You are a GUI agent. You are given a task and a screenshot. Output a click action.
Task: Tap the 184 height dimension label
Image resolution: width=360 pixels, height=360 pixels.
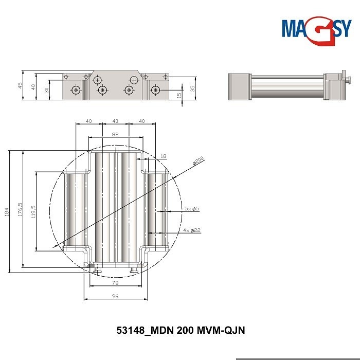(x=6, y=211)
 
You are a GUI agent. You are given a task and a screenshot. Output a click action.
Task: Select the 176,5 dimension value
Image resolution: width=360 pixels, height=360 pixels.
(x=20, y=209)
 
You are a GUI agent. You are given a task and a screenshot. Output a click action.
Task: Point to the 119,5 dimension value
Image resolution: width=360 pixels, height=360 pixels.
(x=33, y=211)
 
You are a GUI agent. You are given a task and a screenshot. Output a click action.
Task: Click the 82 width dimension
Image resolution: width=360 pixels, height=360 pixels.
(x=115, y=134)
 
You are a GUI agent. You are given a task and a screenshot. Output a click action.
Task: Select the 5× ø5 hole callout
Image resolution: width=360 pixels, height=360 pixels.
(x=191, y=208)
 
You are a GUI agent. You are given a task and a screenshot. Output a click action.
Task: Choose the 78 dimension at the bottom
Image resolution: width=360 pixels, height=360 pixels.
(x=115, y=283)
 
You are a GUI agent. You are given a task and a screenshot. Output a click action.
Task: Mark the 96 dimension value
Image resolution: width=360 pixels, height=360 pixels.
(x=115, y=296)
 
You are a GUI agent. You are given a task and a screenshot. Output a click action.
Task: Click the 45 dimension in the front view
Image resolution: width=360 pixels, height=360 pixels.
(x=20, y=85)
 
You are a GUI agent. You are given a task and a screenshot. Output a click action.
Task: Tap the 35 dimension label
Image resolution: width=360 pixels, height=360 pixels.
(x=192, y=88)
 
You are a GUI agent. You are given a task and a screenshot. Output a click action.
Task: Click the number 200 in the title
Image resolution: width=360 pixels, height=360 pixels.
(x=186, y=331)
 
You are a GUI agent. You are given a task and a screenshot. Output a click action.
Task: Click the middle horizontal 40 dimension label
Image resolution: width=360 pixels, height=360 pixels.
(x=115, y=121)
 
